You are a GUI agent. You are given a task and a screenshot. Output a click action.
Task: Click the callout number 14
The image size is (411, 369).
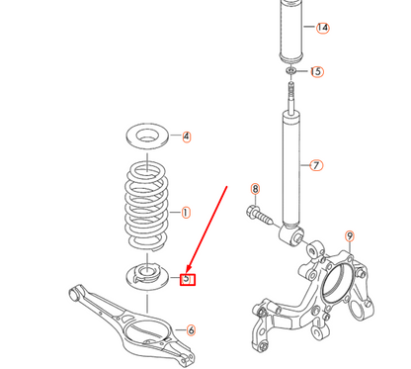[x=322, y=28]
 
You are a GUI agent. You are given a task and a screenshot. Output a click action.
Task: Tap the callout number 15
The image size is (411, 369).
[x=316, y=72]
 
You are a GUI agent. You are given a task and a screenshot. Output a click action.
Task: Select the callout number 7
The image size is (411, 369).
[x=317, y=165]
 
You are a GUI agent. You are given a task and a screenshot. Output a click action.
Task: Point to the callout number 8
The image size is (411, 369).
[x=254, y=189]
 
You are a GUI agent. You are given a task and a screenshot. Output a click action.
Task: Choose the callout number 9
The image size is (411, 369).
[x=348, y=235]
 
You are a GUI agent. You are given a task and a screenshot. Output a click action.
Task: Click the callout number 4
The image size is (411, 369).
[x=186, y=137]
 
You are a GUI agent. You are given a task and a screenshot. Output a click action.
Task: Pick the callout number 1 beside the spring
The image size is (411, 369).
[x=186, y=212]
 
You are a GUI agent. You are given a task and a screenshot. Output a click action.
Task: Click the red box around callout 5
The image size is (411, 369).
[x=188, y=279]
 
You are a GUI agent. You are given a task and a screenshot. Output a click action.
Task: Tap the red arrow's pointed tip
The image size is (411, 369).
[x=180, y=271]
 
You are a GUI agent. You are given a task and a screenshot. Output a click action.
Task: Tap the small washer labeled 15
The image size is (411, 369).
[x=290, y=73]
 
